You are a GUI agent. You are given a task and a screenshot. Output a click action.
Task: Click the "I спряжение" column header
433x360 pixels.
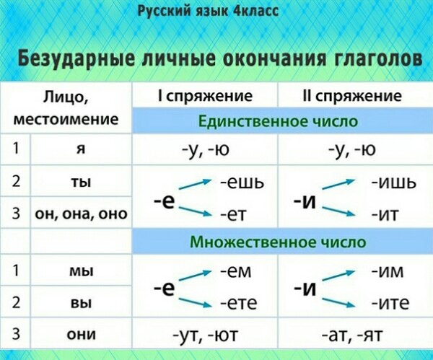point(205,96)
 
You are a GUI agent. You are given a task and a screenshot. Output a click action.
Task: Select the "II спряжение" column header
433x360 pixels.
point(352,96)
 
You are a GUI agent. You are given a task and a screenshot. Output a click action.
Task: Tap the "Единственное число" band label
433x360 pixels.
point(278,121)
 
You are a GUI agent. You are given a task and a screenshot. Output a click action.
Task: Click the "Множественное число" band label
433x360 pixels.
point(278,242)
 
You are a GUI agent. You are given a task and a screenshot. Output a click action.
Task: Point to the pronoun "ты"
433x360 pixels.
point(81,183)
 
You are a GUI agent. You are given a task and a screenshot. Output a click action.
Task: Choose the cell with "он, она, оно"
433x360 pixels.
point(81,214)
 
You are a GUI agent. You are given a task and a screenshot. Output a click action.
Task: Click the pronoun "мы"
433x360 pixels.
point(81,271)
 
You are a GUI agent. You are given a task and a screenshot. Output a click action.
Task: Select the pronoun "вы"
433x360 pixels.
point(81,303)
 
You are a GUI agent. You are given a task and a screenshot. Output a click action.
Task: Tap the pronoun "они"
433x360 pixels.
point(81,334)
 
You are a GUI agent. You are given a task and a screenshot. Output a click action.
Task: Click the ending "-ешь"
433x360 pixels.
point(242,183)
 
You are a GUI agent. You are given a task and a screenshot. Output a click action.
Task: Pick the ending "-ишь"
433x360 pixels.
point(393,183)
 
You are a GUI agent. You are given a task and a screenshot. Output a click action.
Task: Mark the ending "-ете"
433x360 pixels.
point(239,303)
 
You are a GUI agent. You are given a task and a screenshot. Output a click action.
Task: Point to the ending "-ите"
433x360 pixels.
point(390,303)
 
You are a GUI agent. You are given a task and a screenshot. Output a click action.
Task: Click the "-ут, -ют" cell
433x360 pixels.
point(205,335)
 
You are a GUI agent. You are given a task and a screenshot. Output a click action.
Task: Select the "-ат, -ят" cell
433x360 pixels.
point(352,335)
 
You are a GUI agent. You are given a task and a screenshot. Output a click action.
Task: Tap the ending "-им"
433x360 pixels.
point(387,271)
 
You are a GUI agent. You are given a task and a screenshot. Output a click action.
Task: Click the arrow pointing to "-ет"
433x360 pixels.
point(196,211)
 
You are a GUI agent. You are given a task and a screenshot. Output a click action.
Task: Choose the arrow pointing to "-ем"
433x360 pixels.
point(196,276)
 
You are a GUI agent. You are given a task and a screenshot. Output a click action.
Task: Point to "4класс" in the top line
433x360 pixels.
point(255,11)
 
